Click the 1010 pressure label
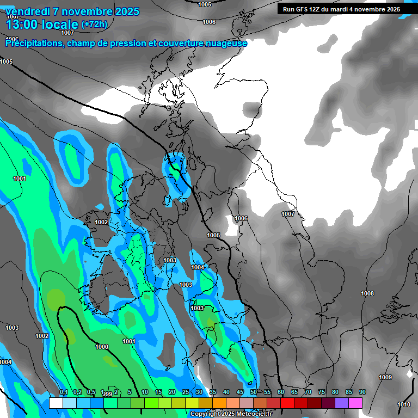[x=404, y=404]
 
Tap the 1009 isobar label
[x=385, y=377]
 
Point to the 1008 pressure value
[x=367, y=294]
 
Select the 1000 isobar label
[x=102, y=347]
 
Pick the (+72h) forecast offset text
[x=94, y=24]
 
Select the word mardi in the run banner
[x=345, y=9]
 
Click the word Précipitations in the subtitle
[x=33, y=44]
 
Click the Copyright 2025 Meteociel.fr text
[x=231, y=414]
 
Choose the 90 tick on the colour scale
[x=362, y=392]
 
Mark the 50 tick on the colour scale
[x=254, y=392]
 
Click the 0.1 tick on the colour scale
[x=63, y=392]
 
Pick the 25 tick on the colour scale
[x=186, y=392]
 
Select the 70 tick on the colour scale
[x=308, y=392]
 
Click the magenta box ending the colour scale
[x=355, y=403]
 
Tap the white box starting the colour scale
[x=56, y=403]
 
